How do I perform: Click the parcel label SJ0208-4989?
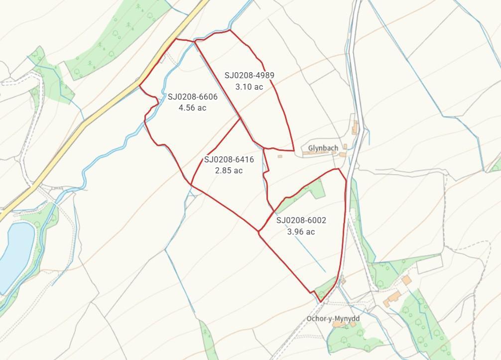click(x=249, y=76)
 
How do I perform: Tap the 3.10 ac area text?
click(x=249, y=87)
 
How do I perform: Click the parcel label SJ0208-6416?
click(x=229, y=160)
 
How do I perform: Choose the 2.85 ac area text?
click(x=229, y=170)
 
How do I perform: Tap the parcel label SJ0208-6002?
click(x=301, y=221)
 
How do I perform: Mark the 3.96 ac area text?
click(x=301, y=232)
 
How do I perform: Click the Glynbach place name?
click(x=323, y=148)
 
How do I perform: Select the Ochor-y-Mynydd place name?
click(x=333, y=318)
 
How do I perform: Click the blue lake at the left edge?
click(x=15, y=254)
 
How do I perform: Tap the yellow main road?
click(x=100, y=115)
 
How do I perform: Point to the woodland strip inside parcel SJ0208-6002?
click(x=304, y=192)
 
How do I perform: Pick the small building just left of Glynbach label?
click(x=280, y=156)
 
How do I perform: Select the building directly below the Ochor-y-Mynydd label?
click(x=340, y=325)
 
